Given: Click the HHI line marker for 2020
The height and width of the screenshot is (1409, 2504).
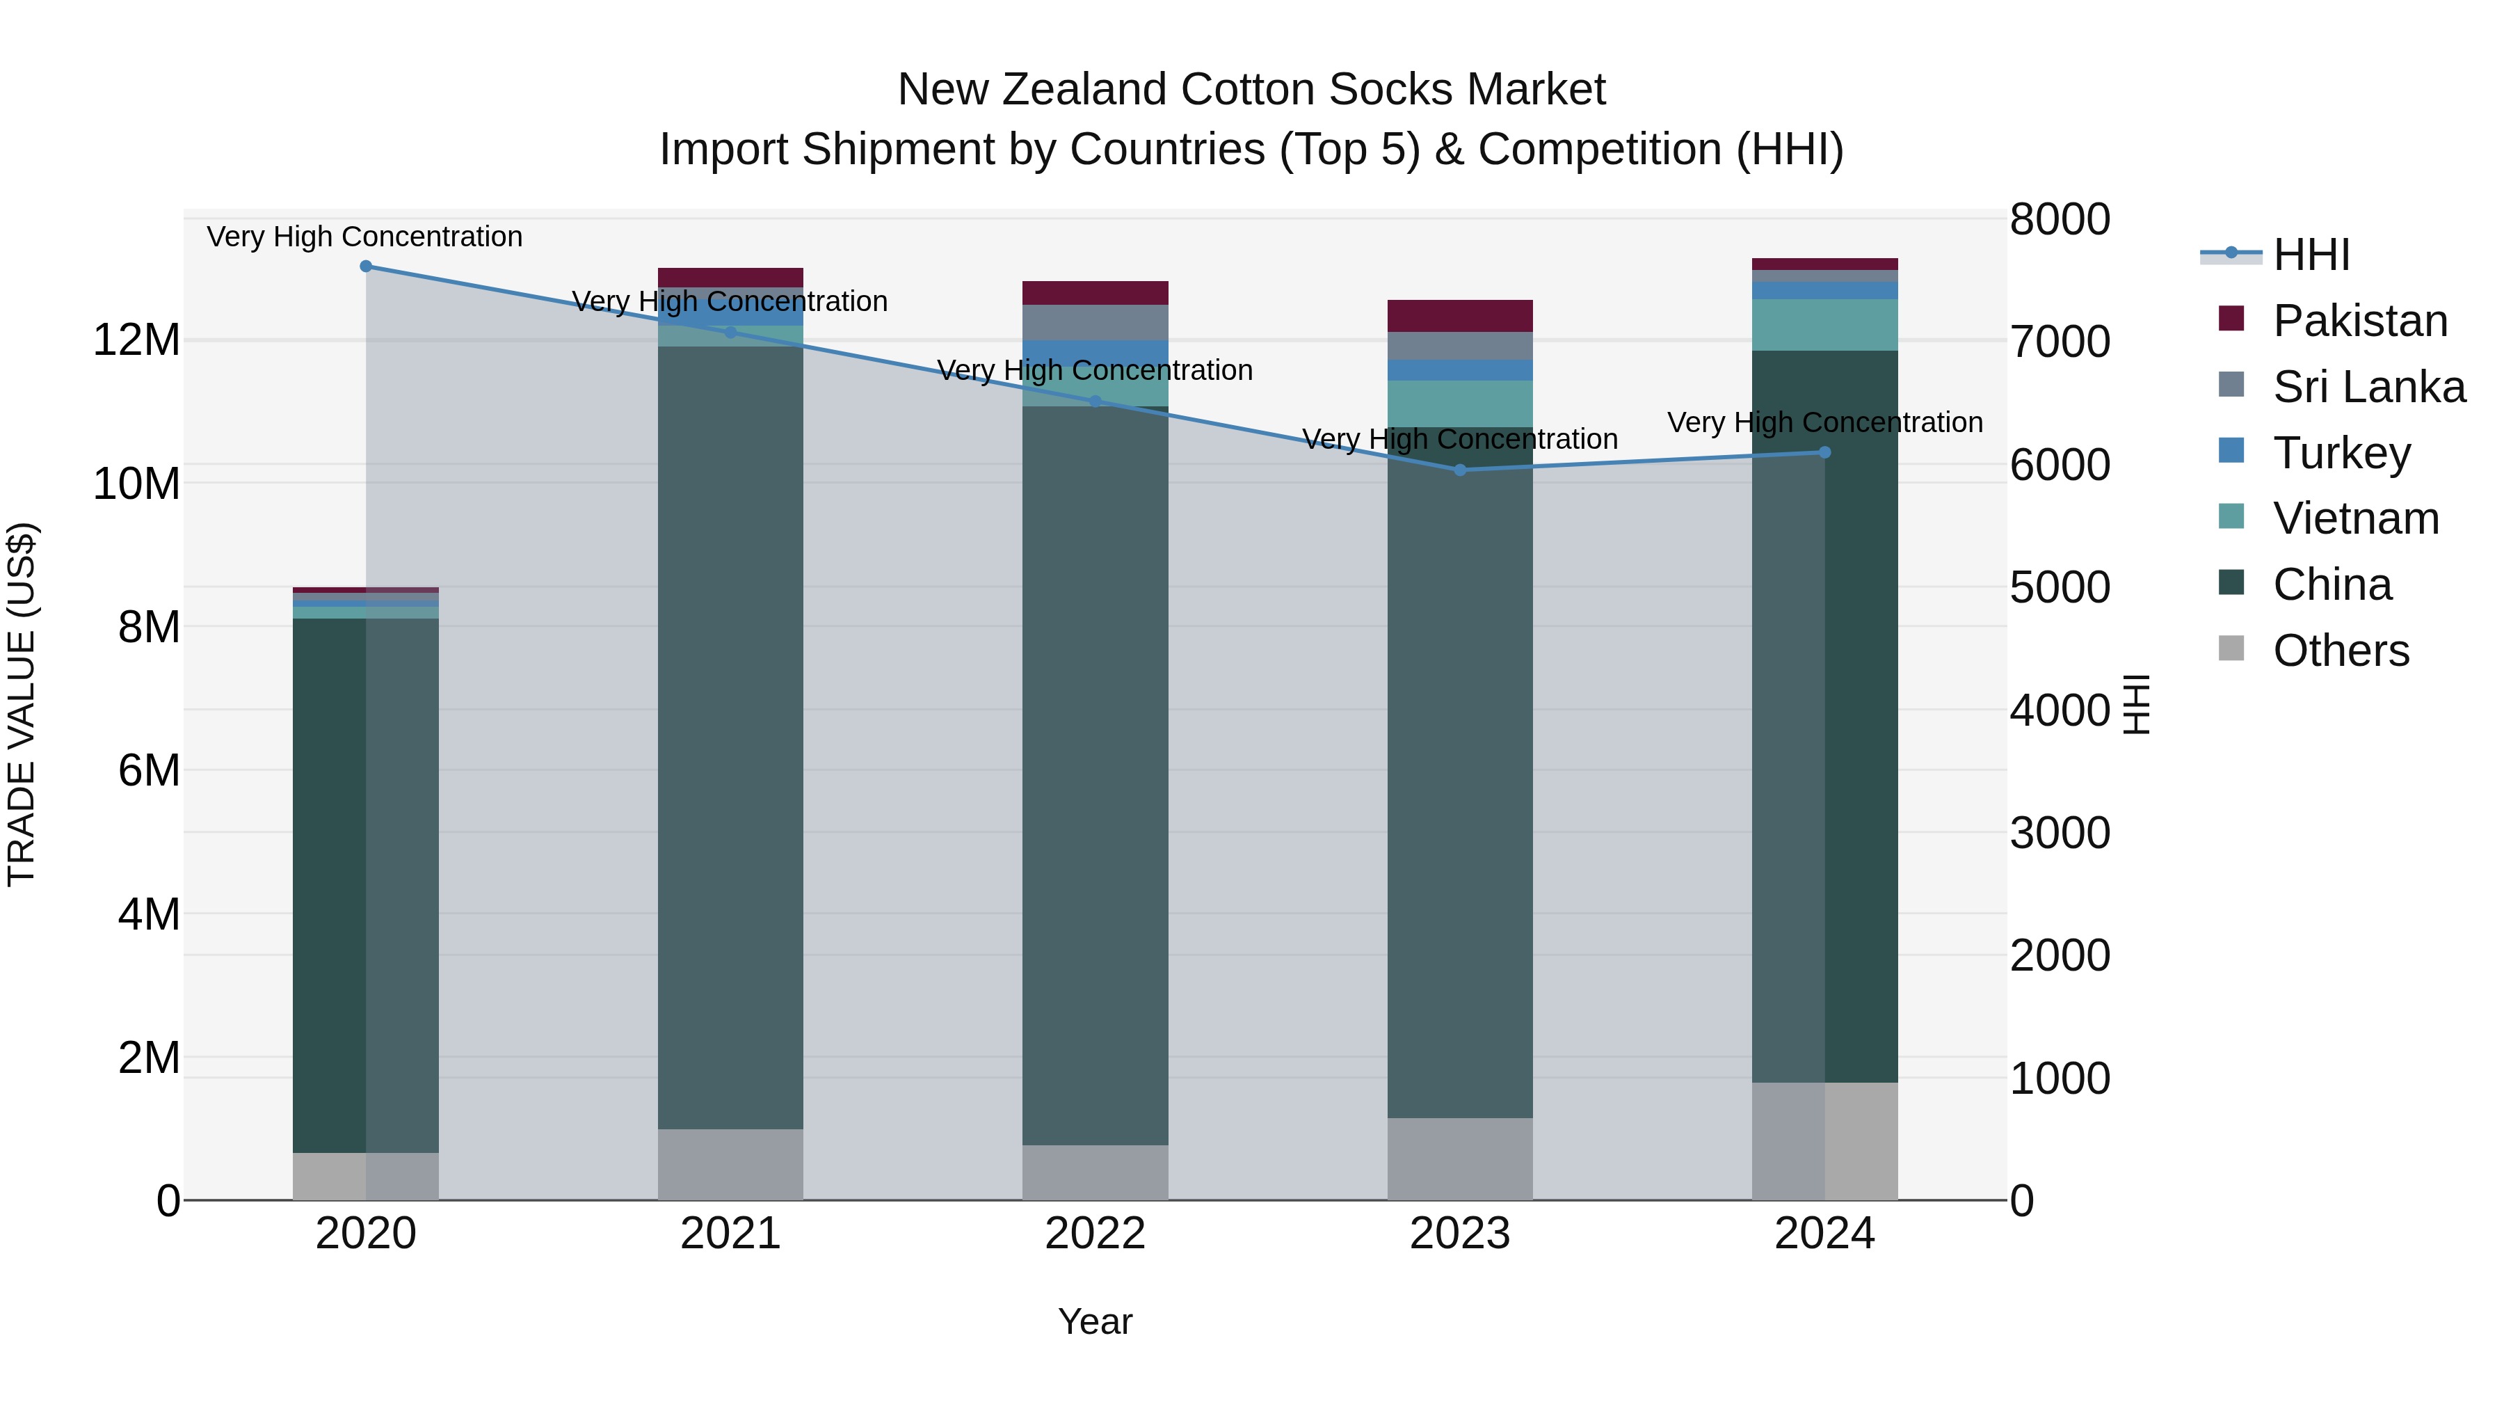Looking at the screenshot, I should click(x=365, y=266).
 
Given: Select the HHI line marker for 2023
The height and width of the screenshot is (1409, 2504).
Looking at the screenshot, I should click(x=1459, y=470).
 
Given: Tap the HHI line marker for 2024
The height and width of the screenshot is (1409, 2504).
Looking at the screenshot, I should click(x=1824, y=452).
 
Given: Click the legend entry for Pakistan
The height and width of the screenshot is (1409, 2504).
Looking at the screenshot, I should click(x=2359, y=321).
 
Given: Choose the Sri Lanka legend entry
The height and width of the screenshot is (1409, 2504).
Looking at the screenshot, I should click(x=2368, y=387).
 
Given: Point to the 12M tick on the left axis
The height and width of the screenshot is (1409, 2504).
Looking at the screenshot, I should click(x=136, y=340).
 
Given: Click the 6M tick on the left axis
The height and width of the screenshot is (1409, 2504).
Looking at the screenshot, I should click(x=147, y=770).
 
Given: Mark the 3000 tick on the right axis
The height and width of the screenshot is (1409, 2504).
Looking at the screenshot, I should click(x=2060, y=834).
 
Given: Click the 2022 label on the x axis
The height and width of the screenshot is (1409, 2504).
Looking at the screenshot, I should click(x=1095, y=1234).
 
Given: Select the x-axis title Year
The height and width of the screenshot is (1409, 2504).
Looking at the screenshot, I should click(x=1095, y=1321).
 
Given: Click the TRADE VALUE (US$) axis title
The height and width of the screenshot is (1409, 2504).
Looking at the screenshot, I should click(x=22, y=704).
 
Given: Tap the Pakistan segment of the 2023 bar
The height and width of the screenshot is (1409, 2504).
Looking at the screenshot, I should click(x=1459, y=316).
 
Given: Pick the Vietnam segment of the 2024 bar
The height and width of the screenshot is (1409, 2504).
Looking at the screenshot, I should click(x=1824, y=325).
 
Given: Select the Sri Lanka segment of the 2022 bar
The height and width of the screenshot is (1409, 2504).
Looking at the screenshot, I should click(x=1095, y=322).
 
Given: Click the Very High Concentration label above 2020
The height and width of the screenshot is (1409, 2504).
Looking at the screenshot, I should click(x=364, y=237).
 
